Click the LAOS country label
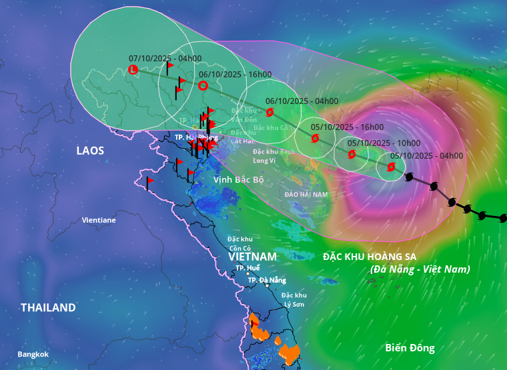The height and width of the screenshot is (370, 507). (90, 151)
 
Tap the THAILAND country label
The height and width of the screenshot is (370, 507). (48, 307)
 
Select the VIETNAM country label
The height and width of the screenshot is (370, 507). (252, 257)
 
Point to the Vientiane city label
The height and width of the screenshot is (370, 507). (99, 220)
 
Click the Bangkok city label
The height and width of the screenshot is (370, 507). (33, 354)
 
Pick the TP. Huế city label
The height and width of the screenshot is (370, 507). (247, 268)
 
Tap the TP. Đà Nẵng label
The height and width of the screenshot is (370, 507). (267, 281)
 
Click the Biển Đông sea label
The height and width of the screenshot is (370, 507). (410, 347)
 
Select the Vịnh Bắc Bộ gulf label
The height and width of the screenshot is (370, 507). (239, 180)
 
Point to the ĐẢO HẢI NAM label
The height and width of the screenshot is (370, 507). (306, 194)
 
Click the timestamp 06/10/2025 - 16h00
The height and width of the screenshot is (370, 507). (235, 74)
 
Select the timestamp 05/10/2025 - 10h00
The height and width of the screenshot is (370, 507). (384, 143)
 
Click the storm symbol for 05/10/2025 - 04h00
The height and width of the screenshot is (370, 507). (391, 167)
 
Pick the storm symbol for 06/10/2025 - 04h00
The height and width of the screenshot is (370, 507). (270, 113)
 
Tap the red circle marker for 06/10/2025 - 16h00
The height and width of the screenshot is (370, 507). (203, 85)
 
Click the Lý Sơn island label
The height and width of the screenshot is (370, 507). (294, 299)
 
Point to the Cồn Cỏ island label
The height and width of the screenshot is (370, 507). (239, 243)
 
